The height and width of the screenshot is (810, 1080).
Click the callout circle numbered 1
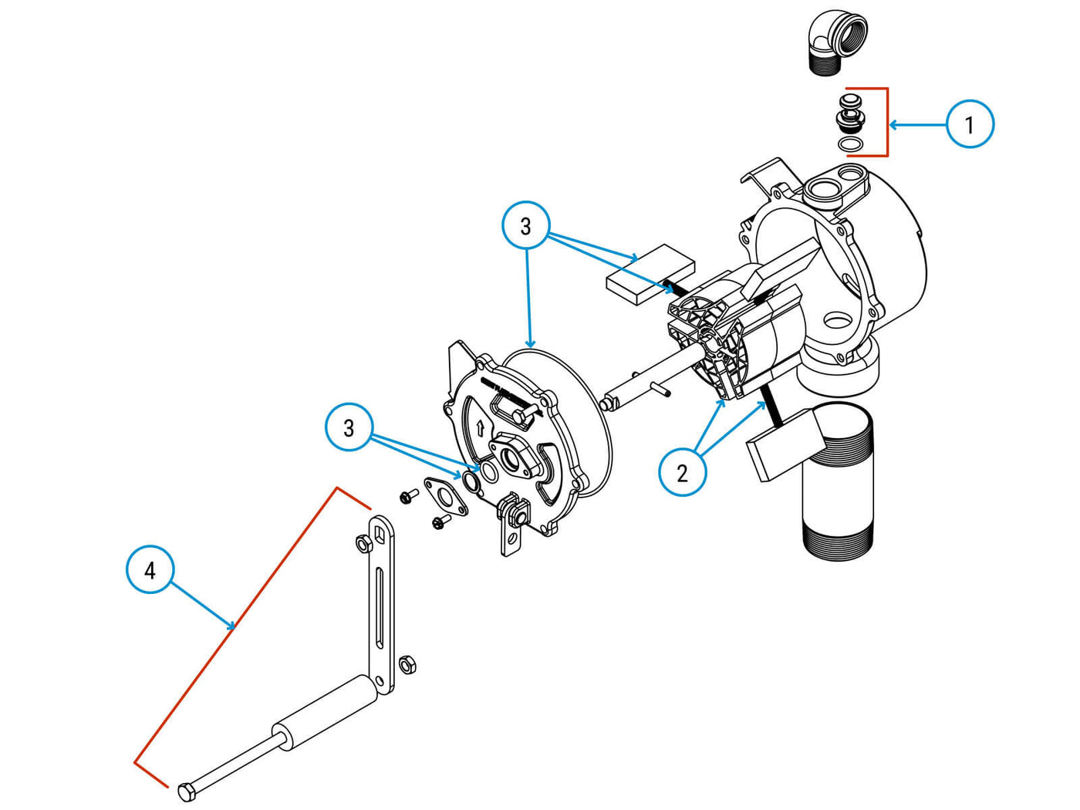[970, 123]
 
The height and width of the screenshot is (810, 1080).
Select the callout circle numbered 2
[682, 472]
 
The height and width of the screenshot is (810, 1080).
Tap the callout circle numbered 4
[150, 569]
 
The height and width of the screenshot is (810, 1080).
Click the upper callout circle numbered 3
[525, 225]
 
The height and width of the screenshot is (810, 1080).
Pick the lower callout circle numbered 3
[349, 427]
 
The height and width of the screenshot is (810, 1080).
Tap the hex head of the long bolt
[186, 791]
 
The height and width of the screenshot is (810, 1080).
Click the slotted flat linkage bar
[381, 602]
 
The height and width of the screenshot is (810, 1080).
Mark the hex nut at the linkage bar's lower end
[408, 663]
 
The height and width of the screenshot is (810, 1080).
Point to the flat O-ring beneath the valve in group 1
[849, 144]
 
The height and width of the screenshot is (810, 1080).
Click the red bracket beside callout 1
[886, 122]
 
